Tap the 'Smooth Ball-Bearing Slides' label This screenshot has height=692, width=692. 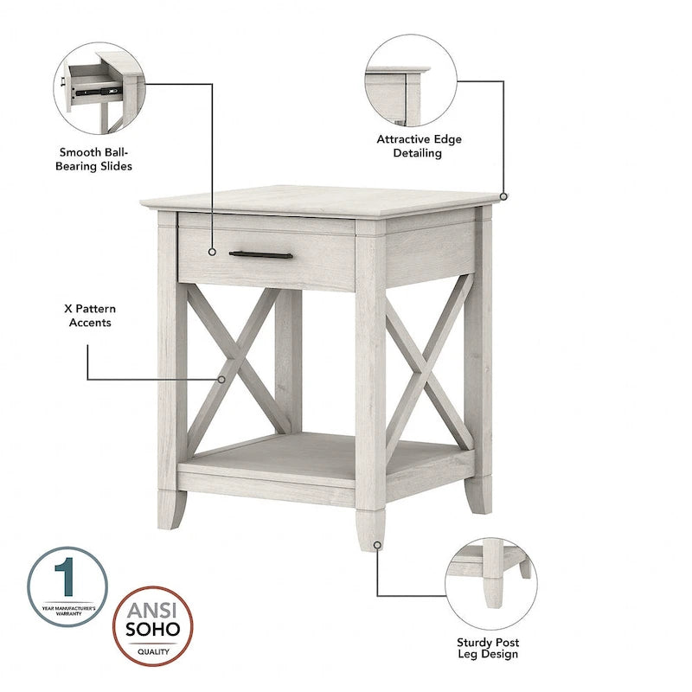95,158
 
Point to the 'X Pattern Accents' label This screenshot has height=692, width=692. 89,315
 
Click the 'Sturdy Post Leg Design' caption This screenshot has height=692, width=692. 488,648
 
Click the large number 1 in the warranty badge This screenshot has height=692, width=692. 67,579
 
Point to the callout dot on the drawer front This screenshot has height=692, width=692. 212,253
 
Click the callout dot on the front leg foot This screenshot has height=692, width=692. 377,545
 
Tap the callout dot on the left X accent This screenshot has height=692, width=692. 221,378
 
